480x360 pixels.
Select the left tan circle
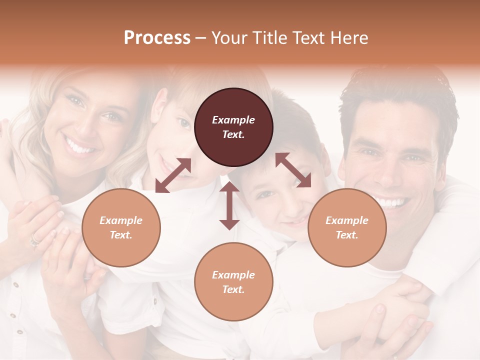pos(121,227)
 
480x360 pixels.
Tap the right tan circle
pos(347,227)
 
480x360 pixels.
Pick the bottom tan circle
pos(233,282)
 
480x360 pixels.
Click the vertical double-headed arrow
pos(229,205)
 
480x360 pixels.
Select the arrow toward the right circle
pos(293,170)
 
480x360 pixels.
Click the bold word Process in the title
pos(157,37)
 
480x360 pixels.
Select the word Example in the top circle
pos(233,120)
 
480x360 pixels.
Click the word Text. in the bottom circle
pos(233,289)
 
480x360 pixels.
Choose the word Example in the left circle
pos(121,220)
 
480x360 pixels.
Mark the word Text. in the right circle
pos(347,235)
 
